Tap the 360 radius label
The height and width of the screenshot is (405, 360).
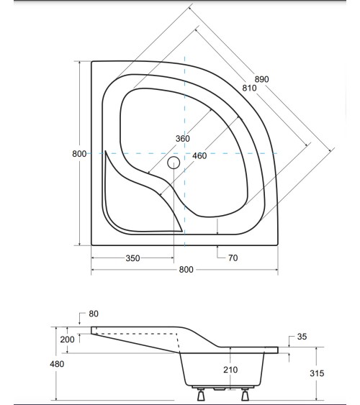(x=182, y=139)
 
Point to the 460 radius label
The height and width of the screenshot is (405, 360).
(x=199, y=155)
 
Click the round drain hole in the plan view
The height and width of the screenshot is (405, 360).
(x=173, y=163)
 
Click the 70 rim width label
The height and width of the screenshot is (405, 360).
(x=233, y=258)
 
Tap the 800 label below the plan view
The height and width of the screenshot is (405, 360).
(x=186, y=270)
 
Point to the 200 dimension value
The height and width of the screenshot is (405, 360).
(x=67, y=340)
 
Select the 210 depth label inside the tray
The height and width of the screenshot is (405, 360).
(x=229, y=370)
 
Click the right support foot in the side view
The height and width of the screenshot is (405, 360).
(x=245, y=394)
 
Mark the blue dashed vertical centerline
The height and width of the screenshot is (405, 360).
(x=184, y=108)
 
